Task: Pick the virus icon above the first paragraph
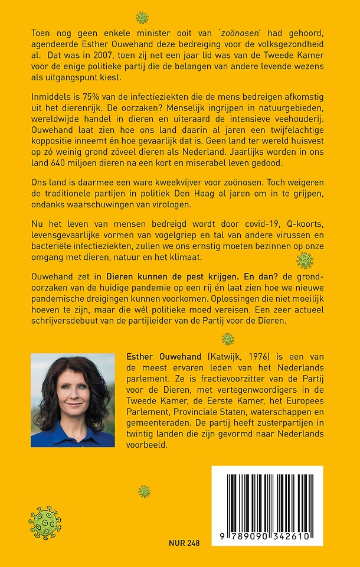coord(142,17)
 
